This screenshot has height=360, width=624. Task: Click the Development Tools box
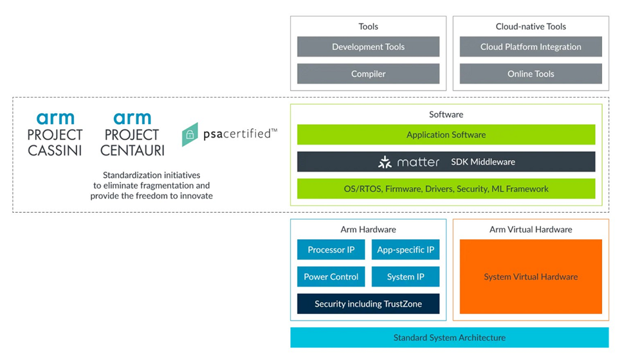368,47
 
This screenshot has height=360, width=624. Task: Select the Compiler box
368,74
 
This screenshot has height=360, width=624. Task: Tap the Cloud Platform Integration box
531,47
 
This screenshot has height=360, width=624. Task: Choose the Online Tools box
531,74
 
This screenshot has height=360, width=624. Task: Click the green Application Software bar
446,135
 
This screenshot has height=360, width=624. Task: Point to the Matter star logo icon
385,162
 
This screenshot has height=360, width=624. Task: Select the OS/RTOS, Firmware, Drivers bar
446,189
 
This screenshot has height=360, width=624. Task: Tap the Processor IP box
331,250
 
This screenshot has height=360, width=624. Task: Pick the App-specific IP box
405,250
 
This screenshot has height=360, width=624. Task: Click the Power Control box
331,277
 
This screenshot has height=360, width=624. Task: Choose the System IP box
405,277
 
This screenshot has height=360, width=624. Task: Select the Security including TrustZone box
368,304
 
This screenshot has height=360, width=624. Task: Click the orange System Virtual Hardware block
531,277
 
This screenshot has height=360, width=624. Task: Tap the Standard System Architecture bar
449,337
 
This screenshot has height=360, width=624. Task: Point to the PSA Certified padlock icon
190,135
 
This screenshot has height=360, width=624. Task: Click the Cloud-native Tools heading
531,27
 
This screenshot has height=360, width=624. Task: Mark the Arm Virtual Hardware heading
531,230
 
